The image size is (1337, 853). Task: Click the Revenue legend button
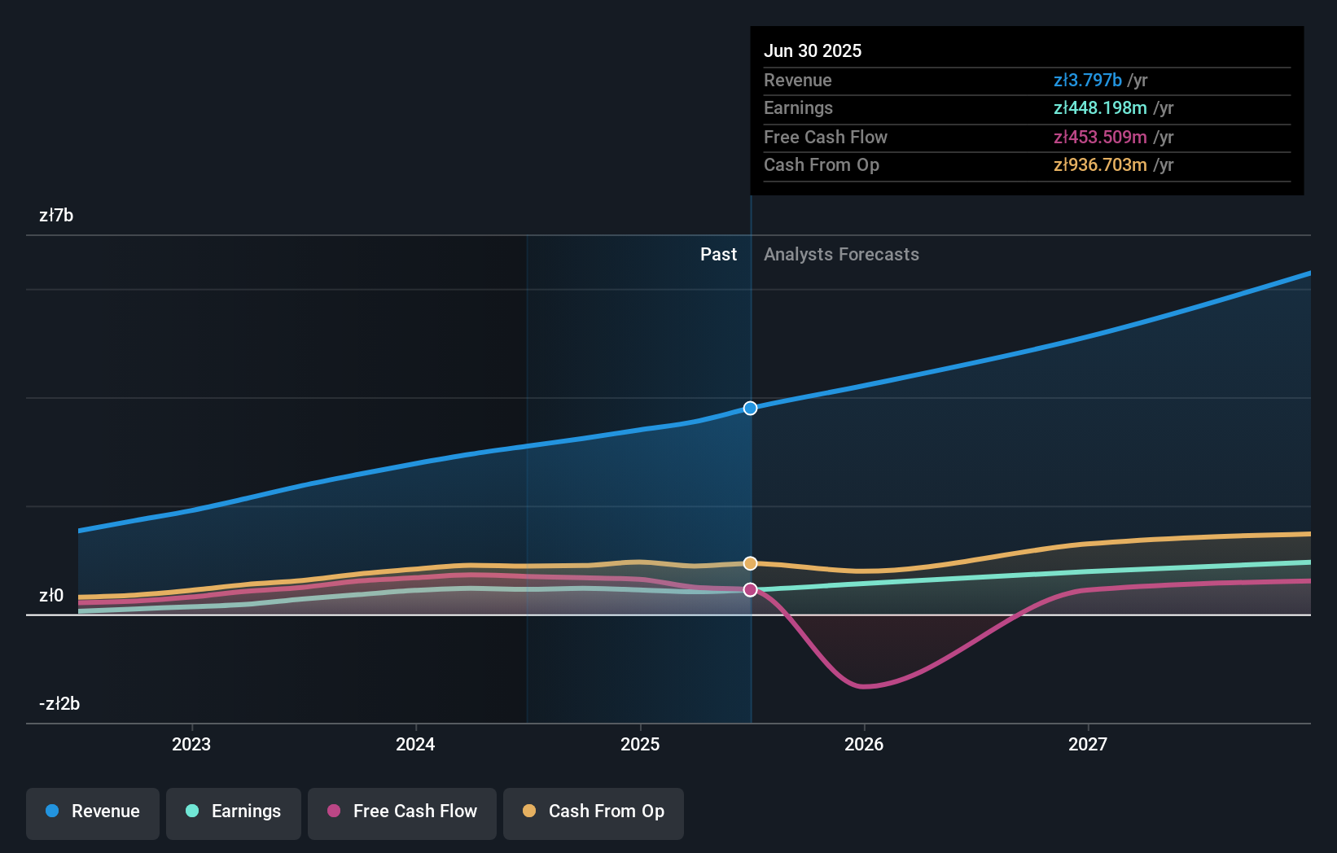(93, 811)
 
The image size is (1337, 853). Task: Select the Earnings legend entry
(234, 811)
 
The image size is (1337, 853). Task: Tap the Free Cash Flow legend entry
(402, 811)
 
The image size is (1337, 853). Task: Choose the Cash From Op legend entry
(594, 811)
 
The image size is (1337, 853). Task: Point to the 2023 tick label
(191, 744)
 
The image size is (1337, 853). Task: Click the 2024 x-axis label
(415, 744)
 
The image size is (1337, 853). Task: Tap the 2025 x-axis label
(640, 744)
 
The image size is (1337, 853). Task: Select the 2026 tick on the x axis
(864, 744)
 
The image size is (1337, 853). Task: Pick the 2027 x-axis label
(1088, 744)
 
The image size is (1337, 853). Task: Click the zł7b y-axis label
(56, 216)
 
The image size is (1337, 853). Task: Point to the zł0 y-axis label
(51, 596)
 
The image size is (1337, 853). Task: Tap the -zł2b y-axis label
(59, 704)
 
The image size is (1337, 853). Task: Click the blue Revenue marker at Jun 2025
(751, 408)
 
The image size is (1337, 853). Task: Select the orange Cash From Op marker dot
(751, 563)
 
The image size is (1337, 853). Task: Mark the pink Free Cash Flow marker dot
(751, 589)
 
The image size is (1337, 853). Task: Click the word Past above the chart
(718, 255)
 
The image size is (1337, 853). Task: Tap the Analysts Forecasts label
(841, 255)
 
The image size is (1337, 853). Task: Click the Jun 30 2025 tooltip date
(813, 50)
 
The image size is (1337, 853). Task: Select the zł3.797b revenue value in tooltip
(1088, 80)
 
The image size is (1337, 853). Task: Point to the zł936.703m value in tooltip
(1100, 165)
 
